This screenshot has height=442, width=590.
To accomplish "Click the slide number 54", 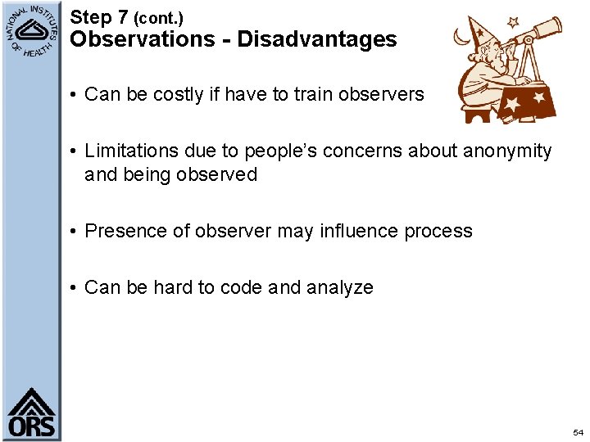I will [579, 431].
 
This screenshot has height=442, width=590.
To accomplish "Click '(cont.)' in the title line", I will [158, 17].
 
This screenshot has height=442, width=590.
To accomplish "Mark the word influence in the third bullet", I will [359, 231].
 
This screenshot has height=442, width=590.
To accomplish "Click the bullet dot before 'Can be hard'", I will [74, 287].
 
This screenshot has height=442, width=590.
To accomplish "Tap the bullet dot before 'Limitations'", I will [74, 151].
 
